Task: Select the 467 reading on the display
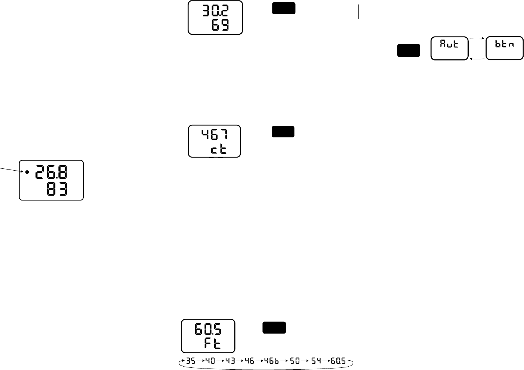point(215,134)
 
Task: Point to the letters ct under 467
point(218,149)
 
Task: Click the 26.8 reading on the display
point(52,173)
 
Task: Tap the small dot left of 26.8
point(27,172)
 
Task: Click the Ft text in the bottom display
point(213,343)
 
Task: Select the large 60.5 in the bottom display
point(208,329)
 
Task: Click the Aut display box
point(449,48)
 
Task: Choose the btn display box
point(504,48)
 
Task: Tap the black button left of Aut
point(409,50)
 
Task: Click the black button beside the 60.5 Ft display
point(274,327)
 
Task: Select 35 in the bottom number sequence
point(191,362)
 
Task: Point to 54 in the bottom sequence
point(316,362)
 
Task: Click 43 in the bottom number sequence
point(230,362)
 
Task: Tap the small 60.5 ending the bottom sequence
point(338,362)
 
